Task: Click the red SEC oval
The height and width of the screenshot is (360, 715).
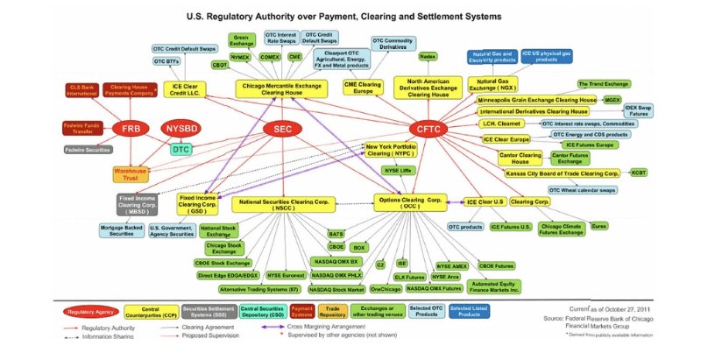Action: click(282, 129)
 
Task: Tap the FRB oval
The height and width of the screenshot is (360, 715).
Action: click(130, 129)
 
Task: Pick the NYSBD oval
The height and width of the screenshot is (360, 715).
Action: click(183, 129)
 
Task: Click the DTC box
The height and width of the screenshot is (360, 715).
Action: click(181, 150)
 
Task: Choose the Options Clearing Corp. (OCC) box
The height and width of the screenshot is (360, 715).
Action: click(411, 202)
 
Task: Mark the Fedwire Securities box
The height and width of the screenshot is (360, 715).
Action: click(88, 150)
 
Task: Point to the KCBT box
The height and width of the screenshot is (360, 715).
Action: click(639, 173)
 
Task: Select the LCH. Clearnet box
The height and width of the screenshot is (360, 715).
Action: click(502, 124)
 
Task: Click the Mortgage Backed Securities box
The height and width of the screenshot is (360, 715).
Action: click(122, 230)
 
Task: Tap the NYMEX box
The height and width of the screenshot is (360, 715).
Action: click(241, 57)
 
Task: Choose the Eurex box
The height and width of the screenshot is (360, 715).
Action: click(598, 226)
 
